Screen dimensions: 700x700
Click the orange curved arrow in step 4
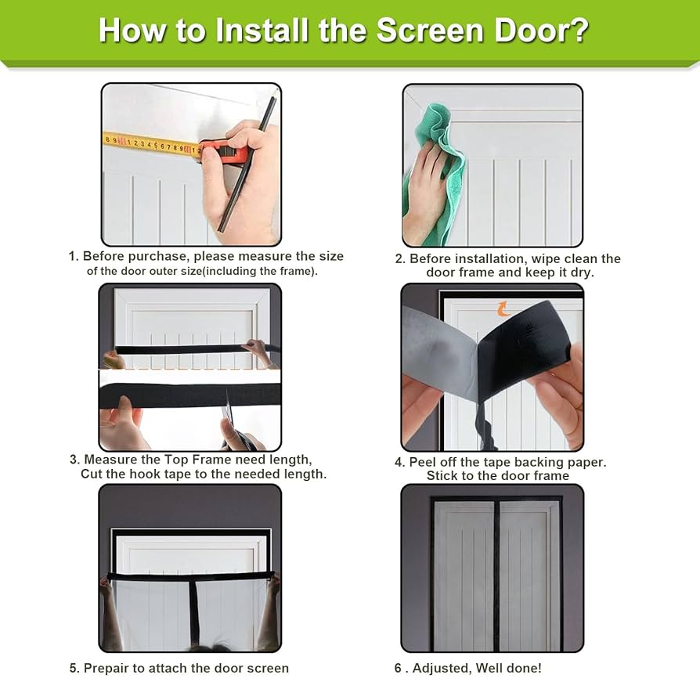(503, 309)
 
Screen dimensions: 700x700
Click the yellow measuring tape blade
(152, 144)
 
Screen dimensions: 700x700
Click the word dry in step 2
(580, 272)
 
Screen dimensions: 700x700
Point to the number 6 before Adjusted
(398, 669)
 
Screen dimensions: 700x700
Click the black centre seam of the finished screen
(496, 576)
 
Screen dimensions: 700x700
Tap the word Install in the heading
(262, 31)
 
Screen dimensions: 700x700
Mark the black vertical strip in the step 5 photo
(193, 612)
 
